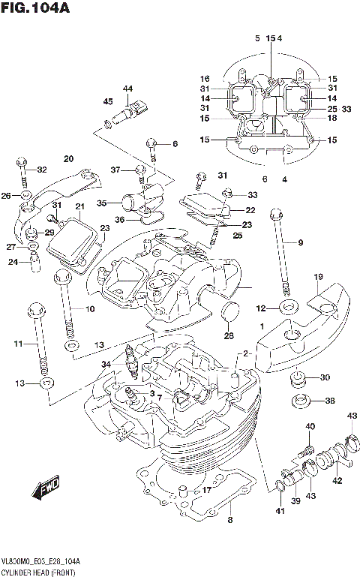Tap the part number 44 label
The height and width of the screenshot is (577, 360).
pyautogui.click(x=127, y=89)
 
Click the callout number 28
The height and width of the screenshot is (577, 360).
pyautogui.click(x=227, y=335)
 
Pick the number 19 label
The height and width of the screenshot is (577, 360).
pyautogui.click(x=318, y=278)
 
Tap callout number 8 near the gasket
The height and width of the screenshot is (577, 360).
pyautogui.click(x=231, y=519)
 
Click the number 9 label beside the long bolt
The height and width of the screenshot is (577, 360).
pyautogui.click(x=300, y=242)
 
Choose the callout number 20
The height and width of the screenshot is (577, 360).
pyautogui.click(x=68, y=158)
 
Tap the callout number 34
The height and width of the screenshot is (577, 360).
pyautogui.click(x=106, y=364)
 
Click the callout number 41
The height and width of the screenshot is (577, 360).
pyautogui.click(x=280, y=511)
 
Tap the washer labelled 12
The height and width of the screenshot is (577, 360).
pyautogui.click(x=289, y=308)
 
